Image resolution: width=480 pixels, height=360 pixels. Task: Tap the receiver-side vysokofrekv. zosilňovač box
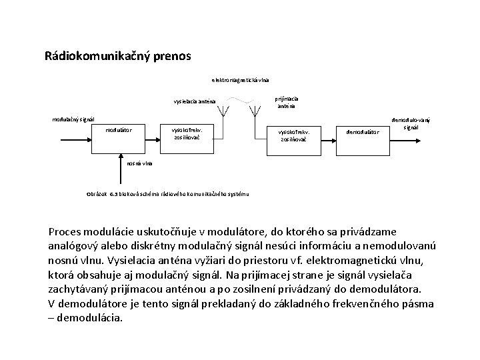click(294, 137)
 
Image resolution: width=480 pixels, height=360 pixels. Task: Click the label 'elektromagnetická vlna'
click(241, 80)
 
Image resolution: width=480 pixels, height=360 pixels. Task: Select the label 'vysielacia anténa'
click(194, 101)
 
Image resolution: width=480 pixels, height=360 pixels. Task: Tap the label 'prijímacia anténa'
click(287, 102)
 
